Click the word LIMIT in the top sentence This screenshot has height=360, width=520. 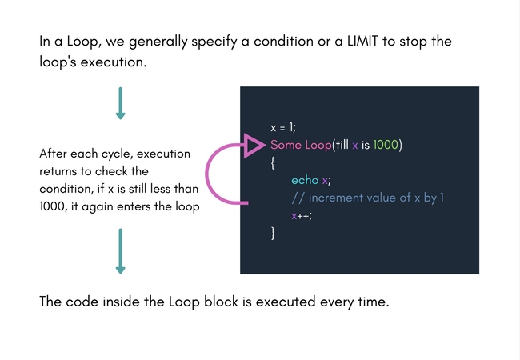362,42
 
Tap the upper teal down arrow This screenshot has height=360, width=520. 120,103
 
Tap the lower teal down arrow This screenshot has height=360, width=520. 120,251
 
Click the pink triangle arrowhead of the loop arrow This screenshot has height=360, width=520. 254,146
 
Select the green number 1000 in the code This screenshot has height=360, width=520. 386,145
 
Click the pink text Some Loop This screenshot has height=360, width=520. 301,145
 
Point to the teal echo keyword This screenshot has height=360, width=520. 305,180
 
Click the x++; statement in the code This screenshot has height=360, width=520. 302,216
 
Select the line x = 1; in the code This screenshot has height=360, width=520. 283,128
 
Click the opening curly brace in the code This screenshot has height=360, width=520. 273,163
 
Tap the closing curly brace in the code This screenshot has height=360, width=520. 273,234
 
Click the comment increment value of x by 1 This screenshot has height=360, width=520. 368,198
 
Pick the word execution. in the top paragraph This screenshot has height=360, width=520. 114,62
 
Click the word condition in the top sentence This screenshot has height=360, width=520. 283,42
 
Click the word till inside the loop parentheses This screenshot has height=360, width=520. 342,145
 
